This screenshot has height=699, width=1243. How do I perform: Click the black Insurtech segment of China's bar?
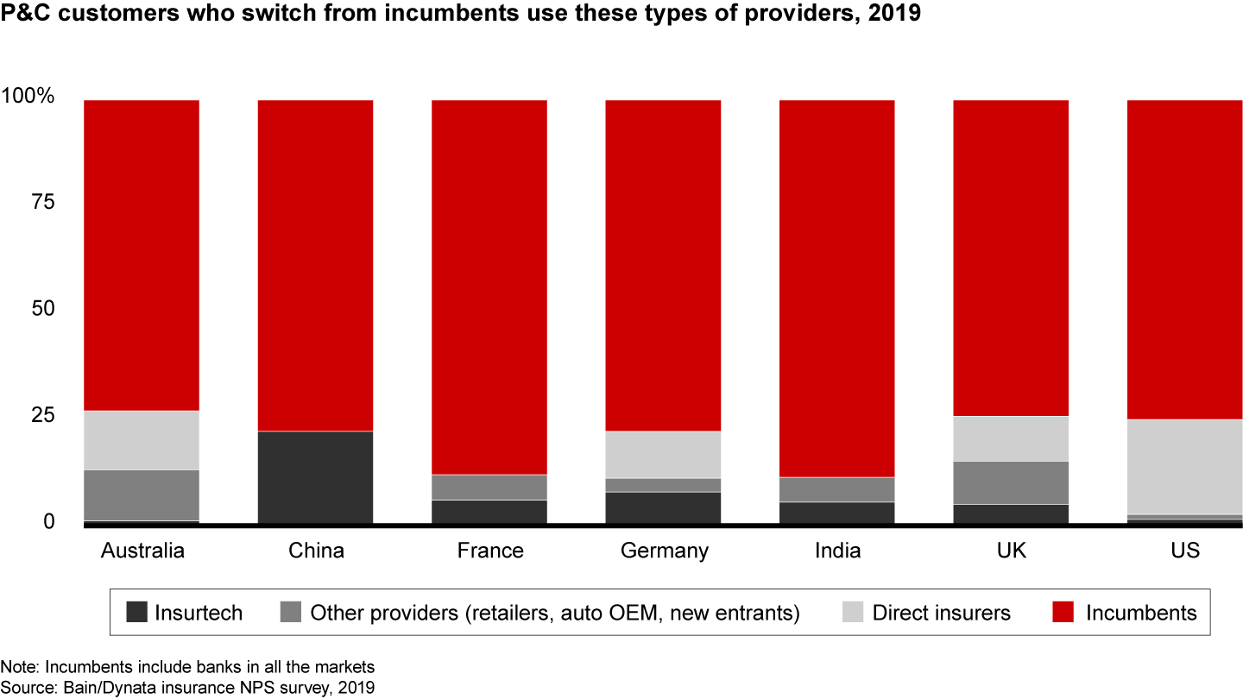(315, 476)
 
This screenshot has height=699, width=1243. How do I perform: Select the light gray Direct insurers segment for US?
(1185, 467)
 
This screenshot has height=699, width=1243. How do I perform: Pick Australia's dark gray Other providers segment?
(142, 495)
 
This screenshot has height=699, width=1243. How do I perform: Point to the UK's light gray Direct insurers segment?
(1011, 439)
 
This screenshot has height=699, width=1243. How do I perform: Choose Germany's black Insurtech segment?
(663, 507)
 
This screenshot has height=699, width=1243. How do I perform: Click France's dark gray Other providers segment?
(489, 488)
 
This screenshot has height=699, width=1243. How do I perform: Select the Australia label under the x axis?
(142, 551)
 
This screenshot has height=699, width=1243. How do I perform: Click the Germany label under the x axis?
(665, 551)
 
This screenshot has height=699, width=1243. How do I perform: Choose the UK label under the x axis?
(1011, 551)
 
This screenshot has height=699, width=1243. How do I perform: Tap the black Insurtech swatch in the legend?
(137, 614)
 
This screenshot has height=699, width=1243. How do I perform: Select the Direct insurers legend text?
(941, 614)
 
